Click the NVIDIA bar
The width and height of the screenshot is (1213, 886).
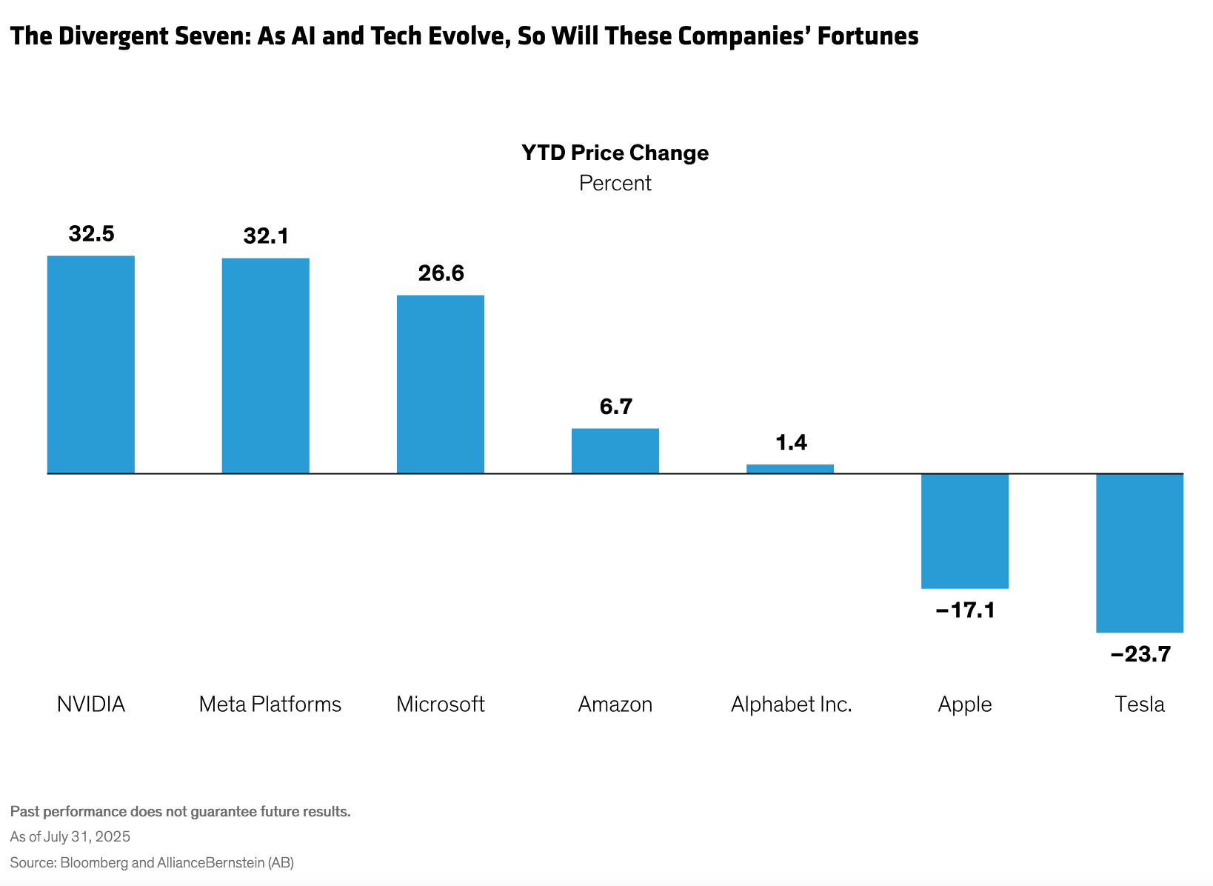91,364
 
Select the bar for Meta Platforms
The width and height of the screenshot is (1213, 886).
266,366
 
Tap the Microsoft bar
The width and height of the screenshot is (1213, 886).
441,384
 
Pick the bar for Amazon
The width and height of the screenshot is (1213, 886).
615,451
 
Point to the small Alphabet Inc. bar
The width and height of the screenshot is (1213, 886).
790,469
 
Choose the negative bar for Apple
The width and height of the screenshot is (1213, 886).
965,531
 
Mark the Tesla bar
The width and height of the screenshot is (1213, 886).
1140,553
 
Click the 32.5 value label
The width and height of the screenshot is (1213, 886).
91,234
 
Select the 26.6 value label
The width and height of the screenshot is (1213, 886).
441,273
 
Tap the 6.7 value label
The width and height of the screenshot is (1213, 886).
615,407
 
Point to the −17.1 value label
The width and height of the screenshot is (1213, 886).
965,611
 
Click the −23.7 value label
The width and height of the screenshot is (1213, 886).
1140,655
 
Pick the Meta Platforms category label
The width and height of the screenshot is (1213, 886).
270,704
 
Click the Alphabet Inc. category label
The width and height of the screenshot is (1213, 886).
791,704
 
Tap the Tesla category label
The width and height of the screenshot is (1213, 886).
1140,704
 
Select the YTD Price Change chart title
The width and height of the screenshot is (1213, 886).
615,153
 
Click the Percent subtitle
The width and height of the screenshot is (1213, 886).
615,183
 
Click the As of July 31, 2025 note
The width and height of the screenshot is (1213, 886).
70,837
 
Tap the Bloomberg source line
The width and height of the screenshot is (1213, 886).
152,862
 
